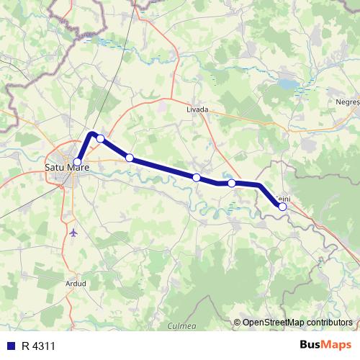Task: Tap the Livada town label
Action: click(197, 109)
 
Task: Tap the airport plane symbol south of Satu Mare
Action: click(75, 233)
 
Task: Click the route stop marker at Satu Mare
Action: click(77, 162)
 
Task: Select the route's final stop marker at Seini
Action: click(283, 207)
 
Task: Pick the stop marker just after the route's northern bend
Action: click(101, 138)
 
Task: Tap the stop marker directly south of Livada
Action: click(196, 177)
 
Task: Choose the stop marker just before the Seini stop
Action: click(232, 184)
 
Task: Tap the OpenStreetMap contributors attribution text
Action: click(298, 323)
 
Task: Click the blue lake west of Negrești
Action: click(287, 84)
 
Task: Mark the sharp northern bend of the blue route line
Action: click(91, 133)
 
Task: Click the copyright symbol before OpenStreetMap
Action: click(237, 323)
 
